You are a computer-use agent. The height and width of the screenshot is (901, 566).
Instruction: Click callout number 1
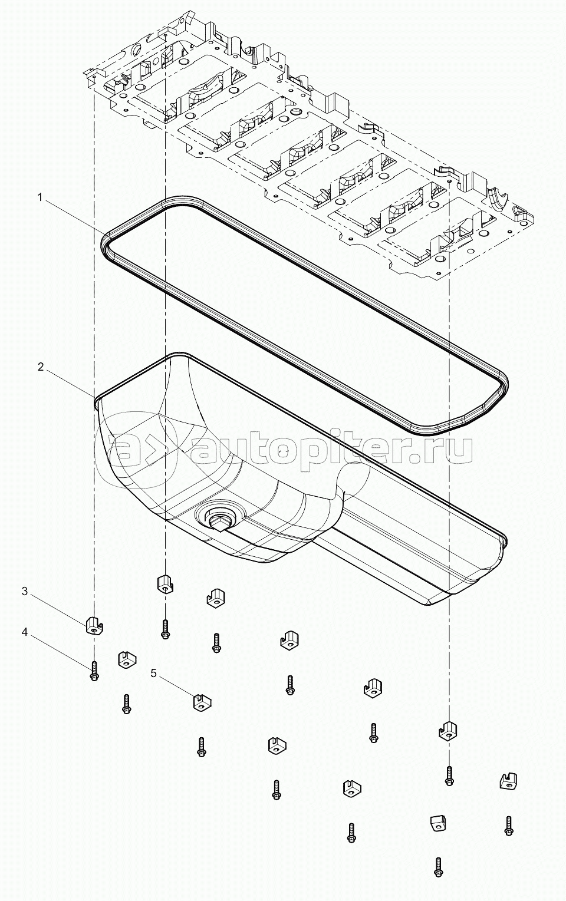pyautogui.click(x=40, y=198)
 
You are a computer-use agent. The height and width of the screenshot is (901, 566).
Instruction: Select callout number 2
pyautogui.click(x=40, y=367)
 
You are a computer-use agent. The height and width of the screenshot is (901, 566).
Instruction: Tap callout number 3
pyautogui.click(x=25, y=591)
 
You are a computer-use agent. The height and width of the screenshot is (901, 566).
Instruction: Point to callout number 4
pyautogui.click(x=25, y=632)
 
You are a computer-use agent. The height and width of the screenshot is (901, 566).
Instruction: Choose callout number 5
pyautogui.click(x=153, y=673)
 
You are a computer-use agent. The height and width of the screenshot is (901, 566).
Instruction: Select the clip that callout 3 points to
pyautogui.click(x=94, y=625)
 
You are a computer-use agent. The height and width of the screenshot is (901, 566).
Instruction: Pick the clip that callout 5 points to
pyautogui.click(x=202, y=702)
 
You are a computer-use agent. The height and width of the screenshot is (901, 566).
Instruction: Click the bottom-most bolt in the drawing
pyautogui.click(x=437, y=865)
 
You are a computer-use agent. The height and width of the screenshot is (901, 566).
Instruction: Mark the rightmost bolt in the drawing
pyautogui.click(x=508, y=825)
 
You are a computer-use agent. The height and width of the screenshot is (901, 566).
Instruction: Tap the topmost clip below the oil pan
pyautogui.click(x=164, y=583)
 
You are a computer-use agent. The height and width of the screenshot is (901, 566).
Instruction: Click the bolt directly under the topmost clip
pyautogui.click(x=165, y=629)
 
